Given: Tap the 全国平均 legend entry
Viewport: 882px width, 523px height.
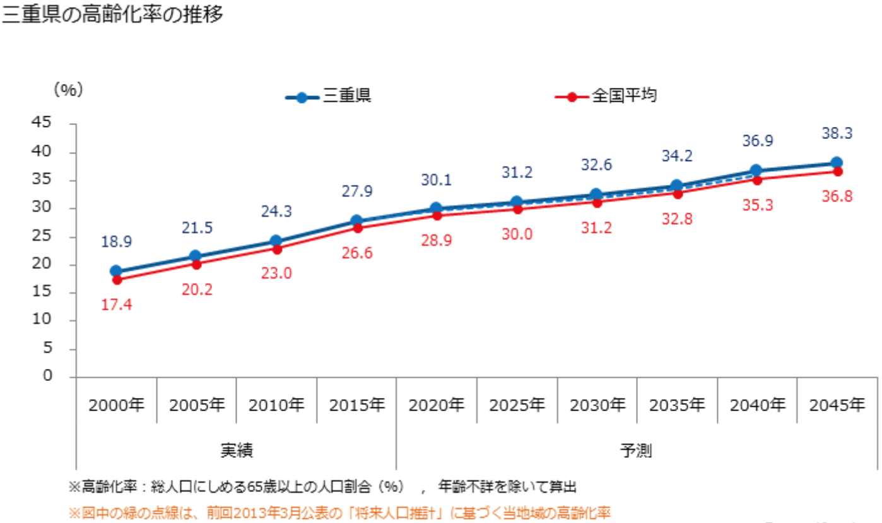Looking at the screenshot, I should [624, 97].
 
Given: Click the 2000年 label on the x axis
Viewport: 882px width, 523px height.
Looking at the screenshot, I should [117, 404].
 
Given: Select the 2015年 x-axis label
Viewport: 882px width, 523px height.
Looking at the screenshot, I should [356, 404].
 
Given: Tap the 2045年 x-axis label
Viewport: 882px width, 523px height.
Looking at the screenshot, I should [837, 404].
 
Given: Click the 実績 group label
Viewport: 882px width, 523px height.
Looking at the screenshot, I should [237, 451].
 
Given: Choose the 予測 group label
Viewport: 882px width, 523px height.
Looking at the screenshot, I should [636, 451].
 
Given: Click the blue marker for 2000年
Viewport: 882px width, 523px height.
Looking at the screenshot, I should [116, 271].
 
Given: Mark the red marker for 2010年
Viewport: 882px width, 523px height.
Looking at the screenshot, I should [276, 249].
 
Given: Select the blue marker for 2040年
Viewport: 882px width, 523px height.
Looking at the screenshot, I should [756, 171].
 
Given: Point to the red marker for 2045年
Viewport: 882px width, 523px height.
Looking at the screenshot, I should [837, 171].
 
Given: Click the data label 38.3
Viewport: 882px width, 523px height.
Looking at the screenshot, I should [837, 133].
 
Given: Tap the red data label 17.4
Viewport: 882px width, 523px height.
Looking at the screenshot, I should [116, 304].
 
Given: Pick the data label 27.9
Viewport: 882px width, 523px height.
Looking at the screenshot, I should [356, 191].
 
